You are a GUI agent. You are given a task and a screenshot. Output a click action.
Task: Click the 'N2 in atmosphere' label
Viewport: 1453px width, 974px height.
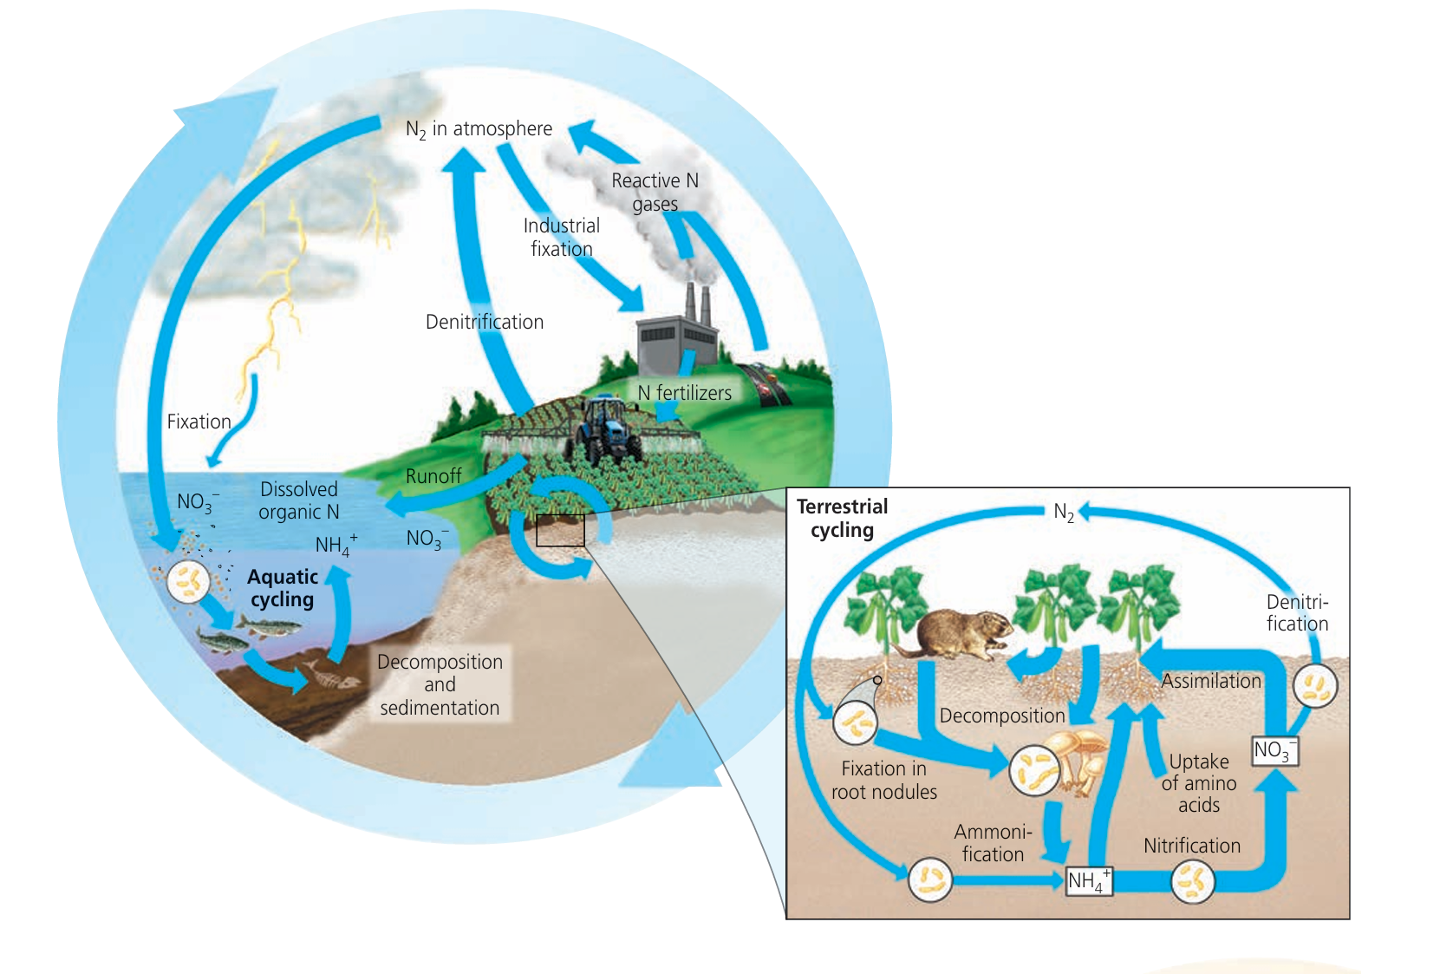click(x=479, y=129)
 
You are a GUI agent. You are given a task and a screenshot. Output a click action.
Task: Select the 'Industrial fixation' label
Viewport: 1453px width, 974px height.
click(x=562, y=237)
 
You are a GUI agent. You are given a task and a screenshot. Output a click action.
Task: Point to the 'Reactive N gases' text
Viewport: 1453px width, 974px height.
click(x=655, y=192)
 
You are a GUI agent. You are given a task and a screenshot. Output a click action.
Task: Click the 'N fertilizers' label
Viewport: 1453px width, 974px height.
click(x=684, y=393)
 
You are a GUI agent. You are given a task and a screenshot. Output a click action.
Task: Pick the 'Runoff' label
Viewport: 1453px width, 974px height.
click(x=433, y=476)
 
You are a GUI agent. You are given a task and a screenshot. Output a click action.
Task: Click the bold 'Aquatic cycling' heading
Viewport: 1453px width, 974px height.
click(x=283, y=588)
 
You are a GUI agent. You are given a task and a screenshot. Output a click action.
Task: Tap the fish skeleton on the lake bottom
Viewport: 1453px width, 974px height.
click(x=332, y=674)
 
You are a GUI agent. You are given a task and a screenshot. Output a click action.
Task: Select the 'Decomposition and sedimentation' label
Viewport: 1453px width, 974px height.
click(x=440, y=684)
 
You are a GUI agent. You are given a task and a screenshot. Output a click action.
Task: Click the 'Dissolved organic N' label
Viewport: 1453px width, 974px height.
click(x=299, y=500)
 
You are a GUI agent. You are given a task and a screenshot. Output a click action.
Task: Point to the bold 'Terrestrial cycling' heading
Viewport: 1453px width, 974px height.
click(x=842, y=518)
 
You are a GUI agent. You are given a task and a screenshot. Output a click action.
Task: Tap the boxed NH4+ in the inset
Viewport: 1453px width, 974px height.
click(x=1088, y=880)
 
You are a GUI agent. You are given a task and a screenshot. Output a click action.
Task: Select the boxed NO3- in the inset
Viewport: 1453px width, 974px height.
click(x=1274, y=750)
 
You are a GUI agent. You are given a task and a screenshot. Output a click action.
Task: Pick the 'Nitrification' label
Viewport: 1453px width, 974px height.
click(x=1191, y=846)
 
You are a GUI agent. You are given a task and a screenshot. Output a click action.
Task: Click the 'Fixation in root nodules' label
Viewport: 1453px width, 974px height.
click(x=884, y=780)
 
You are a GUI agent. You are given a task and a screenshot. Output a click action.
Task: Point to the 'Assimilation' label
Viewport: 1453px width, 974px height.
click(x=1210, y=681)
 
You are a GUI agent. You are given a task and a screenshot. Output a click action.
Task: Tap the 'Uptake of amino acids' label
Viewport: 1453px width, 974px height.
click(x=1199, y=783)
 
